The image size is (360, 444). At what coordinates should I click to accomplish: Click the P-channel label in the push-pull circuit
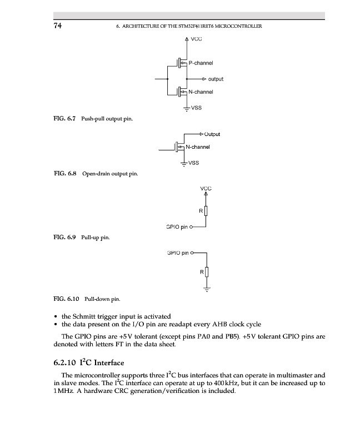[x=201, y=63]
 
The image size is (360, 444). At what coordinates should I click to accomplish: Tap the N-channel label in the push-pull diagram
[x=201, y=92]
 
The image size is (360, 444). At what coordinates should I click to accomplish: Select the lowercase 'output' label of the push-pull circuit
[x=216, y=79]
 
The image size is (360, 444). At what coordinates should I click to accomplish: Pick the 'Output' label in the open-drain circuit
[x=212, y=134]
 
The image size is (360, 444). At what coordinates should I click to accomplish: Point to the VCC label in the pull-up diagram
[x=206, y=189]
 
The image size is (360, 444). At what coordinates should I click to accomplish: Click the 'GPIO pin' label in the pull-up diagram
[x=177, y=226]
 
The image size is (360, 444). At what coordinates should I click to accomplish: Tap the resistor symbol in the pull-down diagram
[x=206, y=272]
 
